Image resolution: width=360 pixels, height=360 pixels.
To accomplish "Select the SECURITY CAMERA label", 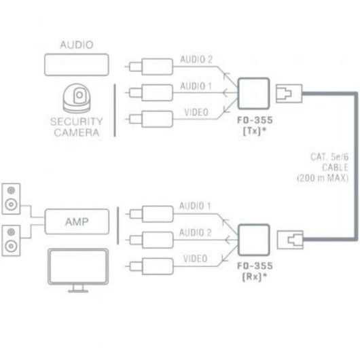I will (x=76, y=126).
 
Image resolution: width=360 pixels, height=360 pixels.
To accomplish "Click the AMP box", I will (x=76, y=221).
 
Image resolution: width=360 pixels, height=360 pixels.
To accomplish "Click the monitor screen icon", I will (x=76, y=267).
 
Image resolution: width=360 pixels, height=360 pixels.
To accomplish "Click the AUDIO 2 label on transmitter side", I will (x=196, y=60).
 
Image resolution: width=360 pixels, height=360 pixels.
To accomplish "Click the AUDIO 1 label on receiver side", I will (x=196, y=205).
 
